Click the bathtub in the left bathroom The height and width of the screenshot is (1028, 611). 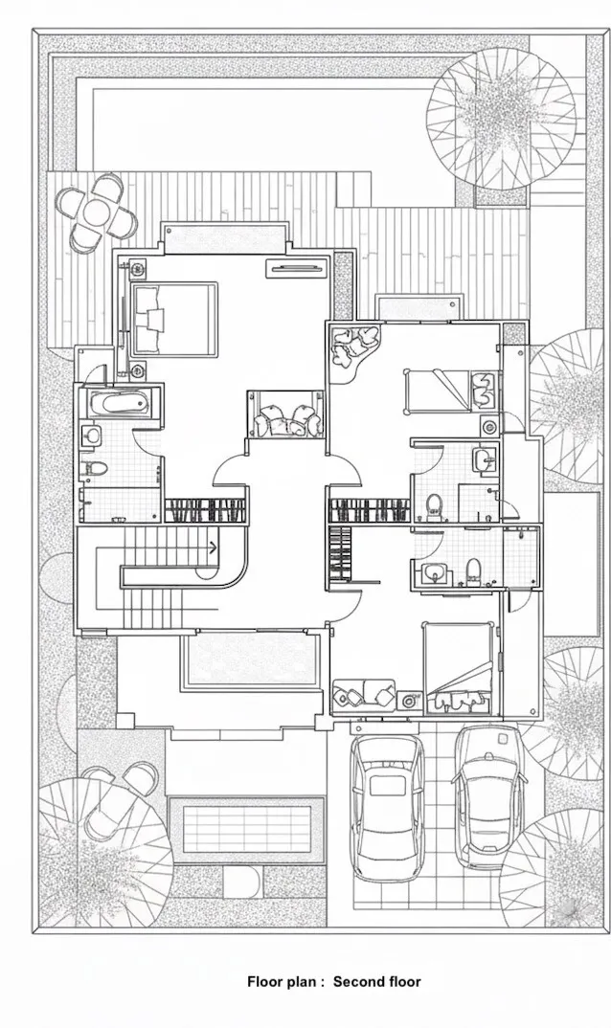pyautogui.click(x=118, y=403)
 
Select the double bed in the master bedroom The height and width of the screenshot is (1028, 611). pyautogui.click(x=174, y=320)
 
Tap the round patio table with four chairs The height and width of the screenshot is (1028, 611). pyautogui.click(x=97, y=213)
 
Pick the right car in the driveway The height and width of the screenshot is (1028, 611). pyautogui.click(x=489, y=796)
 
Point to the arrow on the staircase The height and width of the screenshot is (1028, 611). pyautogui.click(x=213, y=548)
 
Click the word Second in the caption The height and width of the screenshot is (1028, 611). pyautogui.click(x=358, y=981)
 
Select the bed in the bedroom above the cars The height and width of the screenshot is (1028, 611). pyautogui.click(x=459, y=667)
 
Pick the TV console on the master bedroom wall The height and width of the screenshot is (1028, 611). pyautogui.click(x=296, y=267)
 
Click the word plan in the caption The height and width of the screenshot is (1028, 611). pyautogui.click(x=304, y=982)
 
